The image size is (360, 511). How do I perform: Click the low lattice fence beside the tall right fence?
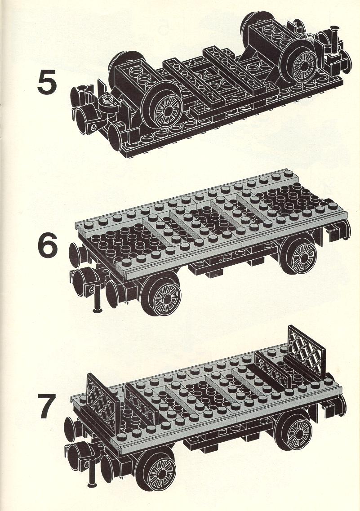[272, 368]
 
